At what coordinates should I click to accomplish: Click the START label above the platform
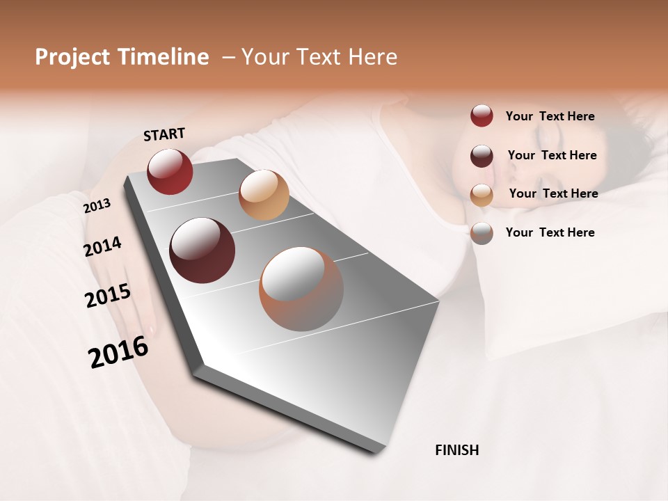pyautogui.click(x=164, y=134)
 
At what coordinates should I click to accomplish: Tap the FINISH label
pyautogui.click(x=457, y=450)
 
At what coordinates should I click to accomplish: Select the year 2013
pyautogui.click(x=97, y=206)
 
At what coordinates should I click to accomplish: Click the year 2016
pyautogui.click(x=118, y=352)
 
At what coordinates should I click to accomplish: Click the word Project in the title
pyautogui.click(x=73, y=57)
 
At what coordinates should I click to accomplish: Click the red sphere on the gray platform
pyautogui.click(x=170, y=171)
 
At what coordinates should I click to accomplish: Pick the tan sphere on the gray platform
pyautogui.click(x=264, y=195)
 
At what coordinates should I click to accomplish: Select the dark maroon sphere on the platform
pyautogui.click(x=202, y=250)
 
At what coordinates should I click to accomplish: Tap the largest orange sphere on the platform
pyautogui.click(x=301, y=289)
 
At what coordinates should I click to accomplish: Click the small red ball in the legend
pyautogui.click(x=482, y=116)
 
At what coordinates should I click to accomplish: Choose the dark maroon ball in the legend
pyautogui.click(x=482, y=156)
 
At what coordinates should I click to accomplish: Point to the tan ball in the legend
pyautogui.click(x=482, y=195)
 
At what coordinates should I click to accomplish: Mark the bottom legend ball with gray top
pyautogui.click(x=482, y=233)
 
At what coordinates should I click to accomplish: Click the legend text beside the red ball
pyautogui.click(x=550, y=117)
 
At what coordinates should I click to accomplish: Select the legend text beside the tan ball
pyautogui.click(x=553, y=193)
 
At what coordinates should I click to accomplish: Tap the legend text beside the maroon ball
pyautogui.click(x=552, y=155)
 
